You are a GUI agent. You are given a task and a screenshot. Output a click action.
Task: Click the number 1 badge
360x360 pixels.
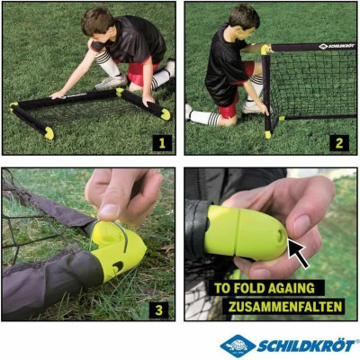coord(162,142)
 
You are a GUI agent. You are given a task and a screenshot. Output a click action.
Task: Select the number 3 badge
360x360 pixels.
coord(159,309)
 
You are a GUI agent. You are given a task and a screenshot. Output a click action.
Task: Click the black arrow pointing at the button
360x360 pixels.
coord(297,251)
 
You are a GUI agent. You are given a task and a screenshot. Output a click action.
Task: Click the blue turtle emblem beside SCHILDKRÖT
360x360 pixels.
coord(237,346)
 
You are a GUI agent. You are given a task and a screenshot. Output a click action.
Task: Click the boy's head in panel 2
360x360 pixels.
coord(244,18)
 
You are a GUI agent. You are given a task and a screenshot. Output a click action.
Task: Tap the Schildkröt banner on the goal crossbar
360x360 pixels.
coord(334,45)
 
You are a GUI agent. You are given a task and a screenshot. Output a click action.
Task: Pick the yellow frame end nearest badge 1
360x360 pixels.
coord(165,114)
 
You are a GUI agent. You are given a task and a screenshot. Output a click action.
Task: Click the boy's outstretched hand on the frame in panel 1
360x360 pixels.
coord(58,94)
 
